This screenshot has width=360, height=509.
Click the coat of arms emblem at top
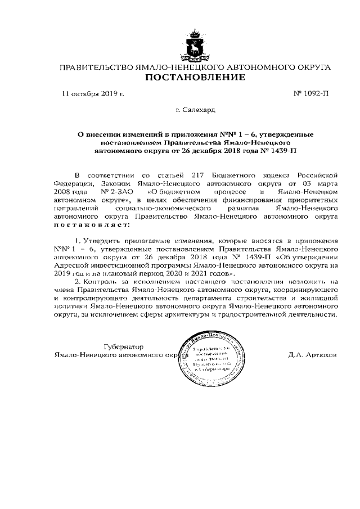click(x=195, y=46)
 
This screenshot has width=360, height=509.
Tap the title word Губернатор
click(x=124, y=347)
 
